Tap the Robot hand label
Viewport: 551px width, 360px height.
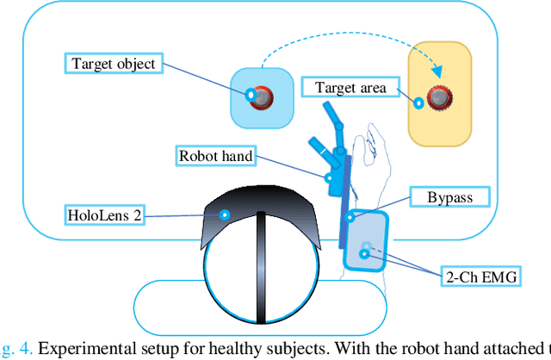pos(215,156)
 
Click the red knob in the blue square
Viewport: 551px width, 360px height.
pos(262,96)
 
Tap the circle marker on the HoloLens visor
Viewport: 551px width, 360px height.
pos(225,214)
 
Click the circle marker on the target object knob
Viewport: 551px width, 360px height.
pos(250,95)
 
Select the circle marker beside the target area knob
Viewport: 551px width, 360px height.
pos(418,103)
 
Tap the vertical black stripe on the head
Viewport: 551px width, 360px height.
pos(259,267)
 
